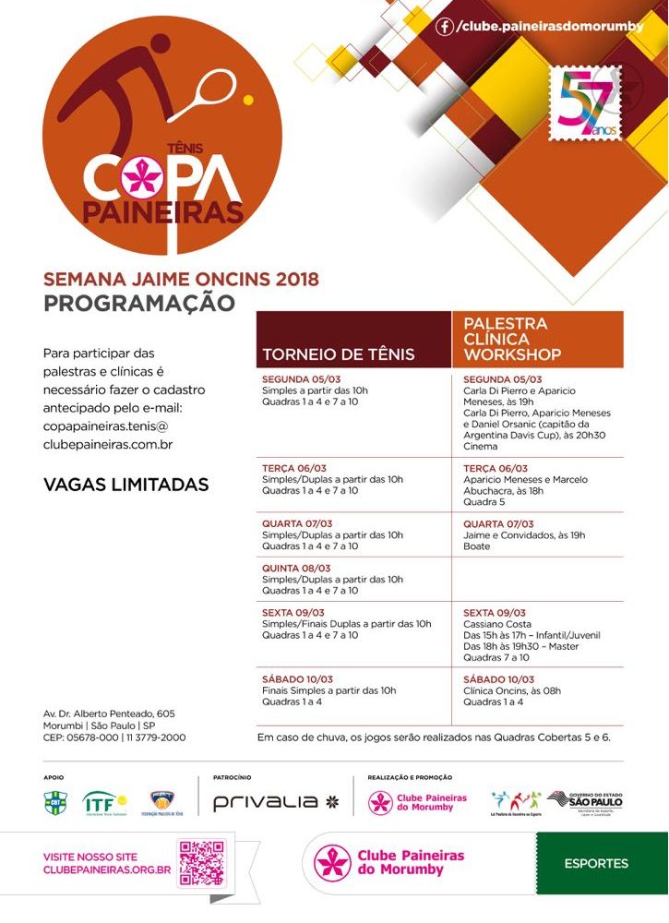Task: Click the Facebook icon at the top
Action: [x=446, y=27]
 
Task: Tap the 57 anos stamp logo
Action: [x=585, y=103]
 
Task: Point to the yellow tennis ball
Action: [x=247, y=99]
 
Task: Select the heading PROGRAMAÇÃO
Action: [x=139, y=303]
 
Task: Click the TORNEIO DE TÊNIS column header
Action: [x=339, y=354]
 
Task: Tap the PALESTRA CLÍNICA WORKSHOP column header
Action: [x=512, y=339]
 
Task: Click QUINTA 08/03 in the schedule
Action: [x=296, y=569]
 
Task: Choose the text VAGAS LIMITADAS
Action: [x=126, y=485]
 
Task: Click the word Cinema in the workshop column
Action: [x=480, y=446]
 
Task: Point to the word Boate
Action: [x=477, y=546]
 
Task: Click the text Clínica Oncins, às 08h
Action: [x=512, y=690]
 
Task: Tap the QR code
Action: [x=201, y=863]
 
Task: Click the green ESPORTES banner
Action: [x=596, y=864]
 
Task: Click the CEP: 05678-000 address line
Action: [x=114, y=737]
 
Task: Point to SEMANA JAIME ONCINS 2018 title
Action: [x=181, y=279]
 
